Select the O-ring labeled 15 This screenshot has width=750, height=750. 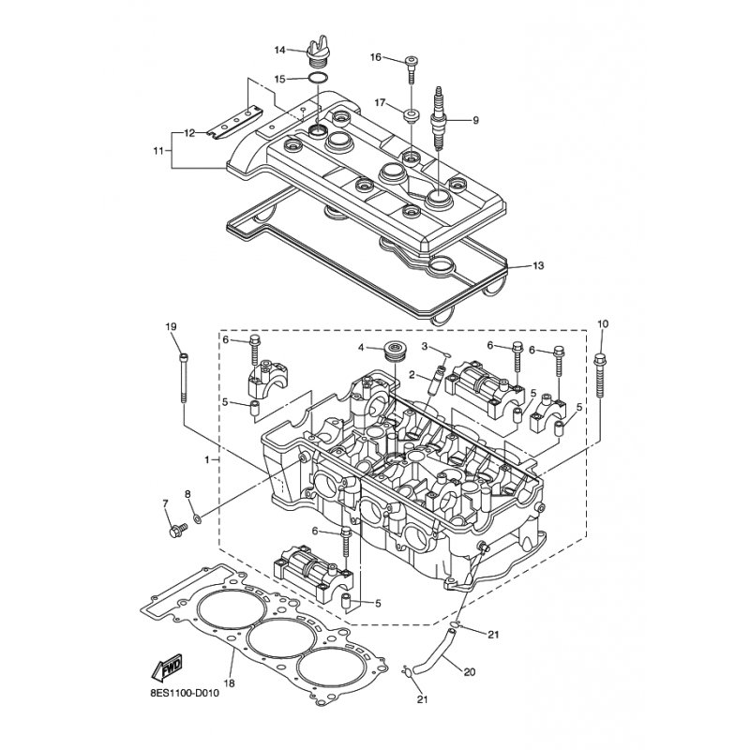(318, 79)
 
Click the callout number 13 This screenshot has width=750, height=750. (538, 265)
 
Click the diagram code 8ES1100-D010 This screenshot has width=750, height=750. (184, 692)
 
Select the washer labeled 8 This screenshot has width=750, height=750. (197, 517)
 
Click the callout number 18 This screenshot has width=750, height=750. (229, 683)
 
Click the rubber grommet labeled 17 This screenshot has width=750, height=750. (411, 115)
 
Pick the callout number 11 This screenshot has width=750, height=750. (158, 151)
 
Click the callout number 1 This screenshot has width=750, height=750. (207, 459)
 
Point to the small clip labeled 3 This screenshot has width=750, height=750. (446, 354)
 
